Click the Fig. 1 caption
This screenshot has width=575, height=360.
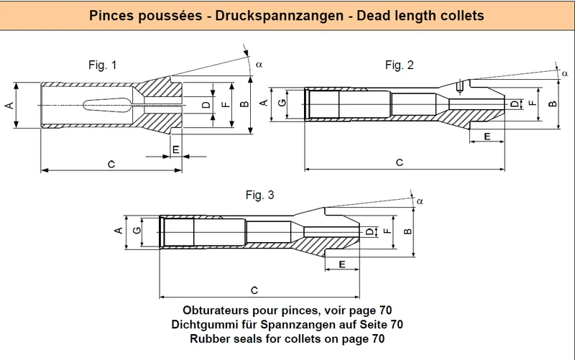point(102,65)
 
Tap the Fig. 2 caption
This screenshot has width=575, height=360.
point(400,65)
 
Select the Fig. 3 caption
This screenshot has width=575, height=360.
point(259,195)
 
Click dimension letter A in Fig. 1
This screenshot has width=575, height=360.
point(9,105)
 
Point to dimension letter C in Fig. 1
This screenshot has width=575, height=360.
point(111,165)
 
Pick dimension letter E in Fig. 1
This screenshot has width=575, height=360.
point(176,149)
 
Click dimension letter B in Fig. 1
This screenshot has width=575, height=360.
point(244,104)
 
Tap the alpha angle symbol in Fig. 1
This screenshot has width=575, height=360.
point(259,65)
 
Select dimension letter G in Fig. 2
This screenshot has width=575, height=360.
point(282,103)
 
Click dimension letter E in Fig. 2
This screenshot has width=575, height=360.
point(487,137)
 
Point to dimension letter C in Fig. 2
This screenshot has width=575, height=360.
point(400,162)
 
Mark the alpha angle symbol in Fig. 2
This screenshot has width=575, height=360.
point(565,74)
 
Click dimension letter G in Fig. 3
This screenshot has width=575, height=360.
point(137,231)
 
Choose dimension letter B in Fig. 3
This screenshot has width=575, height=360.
point(408,231)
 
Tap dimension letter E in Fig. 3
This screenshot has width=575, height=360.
point(342,264)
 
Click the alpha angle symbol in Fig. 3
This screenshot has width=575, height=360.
point(420,201)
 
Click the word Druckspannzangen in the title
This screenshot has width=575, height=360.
point(280,16)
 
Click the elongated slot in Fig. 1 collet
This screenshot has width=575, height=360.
point(106,105)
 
